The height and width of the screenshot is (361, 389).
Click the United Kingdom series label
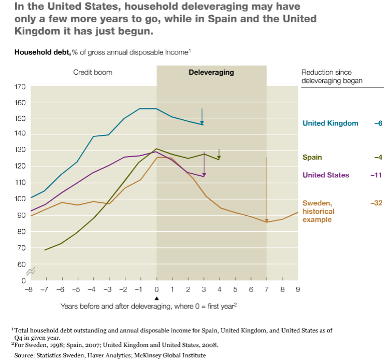click(330, 123)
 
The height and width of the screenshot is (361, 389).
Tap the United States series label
click(325, 175)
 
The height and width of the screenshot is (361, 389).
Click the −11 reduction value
click(376, 175)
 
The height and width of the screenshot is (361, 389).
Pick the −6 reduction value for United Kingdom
click(378, 123)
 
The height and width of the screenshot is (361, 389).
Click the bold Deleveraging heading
click(211, 72)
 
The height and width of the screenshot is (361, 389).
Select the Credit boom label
click(93, 72)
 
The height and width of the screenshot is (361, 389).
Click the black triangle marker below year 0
click(156, 298)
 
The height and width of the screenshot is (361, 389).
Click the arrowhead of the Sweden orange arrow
click(267, 220)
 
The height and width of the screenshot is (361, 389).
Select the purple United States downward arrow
click(204, 167)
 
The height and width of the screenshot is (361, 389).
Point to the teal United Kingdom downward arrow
click(202, 116)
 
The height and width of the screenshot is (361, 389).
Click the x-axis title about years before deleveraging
click(148, 306)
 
